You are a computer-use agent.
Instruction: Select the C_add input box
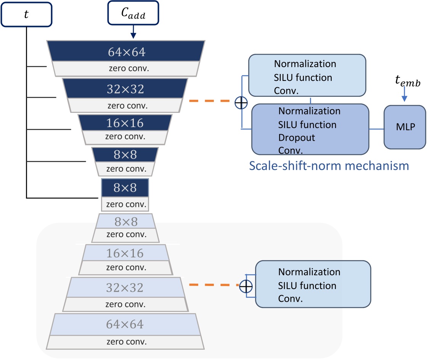(133, 14)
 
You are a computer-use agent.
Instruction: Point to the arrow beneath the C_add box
(133, 33)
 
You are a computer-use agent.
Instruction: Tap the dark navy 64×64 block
(126, 51)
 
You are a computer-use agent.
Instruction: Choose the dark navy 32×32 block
(125, 88)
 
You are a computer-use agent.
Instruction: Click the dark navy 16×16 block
(125, 123)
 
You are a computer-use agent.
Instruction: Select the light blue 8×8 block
(126, 221)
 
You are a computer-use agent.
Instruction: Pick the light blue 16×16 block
(125, 253)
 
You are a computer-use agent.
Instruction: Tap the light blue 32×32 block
(125, 287)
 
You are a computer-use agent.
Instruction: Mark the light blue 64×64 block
(125, 325)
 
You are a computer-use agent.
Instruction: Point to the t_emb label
(408, 82)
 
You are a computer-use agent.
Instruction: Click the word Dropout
(297, 138)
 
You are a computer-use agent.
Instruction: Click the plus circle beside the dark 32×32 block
(241, 102)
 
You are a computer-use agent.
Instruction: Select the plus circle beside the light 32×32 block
(246, 285)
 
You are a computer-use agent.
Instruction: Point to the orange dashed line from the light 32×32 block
(212, 285)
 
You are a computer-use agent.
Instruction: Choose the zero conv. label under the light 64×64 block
(126, 342)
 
